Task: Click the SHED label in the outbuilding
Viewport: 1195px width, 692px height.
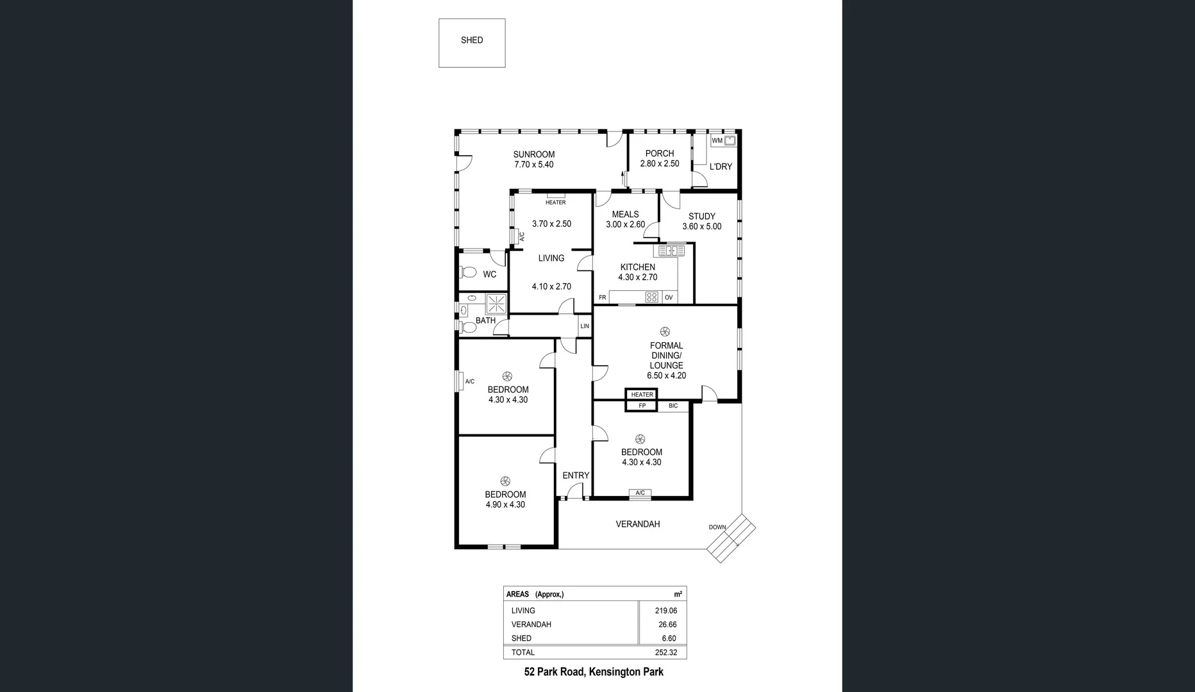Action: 472,40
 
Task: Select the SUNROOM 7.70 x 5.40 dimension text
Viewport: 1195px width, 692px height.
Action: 533,165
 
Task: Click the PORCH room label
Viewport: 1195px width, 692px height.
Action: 659,154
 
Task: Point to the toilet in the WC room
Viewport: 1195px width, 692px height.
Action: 468,273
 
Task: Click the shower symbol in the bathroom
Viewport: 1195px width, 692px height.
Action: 496,303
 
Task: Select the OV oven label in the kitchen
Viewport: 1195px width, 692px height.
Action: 669,297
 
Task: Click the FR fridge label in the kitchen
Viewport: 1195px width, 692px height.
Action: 602,297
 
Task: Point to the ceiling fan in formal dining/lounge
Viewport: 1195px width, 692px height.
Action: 664,331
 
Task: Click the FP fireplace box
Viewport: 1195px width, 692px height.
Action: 642,406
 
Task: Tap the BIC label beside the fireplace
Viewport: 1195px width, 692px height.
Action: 673,406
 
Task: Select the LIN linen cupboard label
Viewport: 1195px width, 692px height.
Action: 584,326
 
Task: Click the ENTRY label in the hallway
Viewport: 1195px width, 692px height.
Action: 575,475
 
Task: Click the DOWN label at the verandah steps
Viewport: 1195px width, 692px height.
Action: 717,527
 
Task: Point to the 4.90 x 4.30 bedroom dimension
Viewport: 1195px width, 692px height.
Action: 505,505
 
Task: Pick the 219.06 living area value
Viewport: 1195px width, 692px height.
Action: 665,611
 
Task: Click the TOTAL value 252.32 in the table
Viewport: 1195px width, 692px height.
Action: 665,652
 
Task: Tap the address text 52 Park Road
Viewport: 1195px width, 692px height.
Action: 554,671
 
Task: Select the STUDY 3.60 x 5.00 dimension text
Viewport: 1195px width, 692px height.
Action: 701,227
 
